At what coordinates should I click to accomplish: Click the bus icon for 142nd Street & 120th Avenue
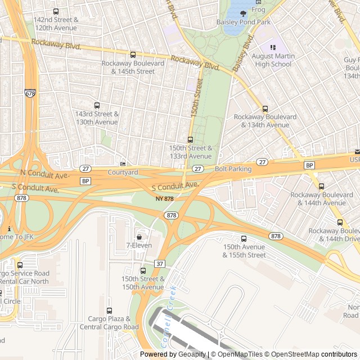coord(55,11)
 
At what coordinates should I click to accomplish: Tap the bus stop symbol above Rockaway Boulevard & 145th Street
coord(133,55)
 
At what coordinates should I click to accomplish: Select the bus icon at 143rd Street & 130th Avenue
coord(97,105)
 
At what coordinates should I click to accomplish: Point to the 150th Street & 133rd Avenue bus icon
coord(190,139)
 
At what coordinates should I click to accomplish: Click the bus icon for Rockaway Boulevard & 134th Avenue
coord(265,109)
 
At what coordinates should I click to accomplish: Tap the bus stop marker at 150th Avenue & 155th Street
coord(244,238)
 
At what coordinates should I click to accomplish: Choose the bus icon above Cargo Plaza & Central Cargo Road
coord(109,310)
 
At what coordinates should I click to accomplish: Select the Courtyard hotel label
coord(123,172)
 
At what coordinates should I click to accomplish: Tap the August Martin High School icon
coord(273,48)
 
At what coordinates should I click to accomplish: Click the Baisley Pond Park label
coord(244,22)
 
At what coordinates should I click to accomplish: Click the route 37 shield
coord(159,264)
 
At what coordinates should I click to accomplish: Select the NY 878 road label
coord(165,199)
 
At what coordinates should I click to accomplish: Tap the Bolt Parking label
coord(233,169)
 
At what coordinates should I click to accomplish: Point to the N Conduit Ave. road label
coord(39,171)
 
